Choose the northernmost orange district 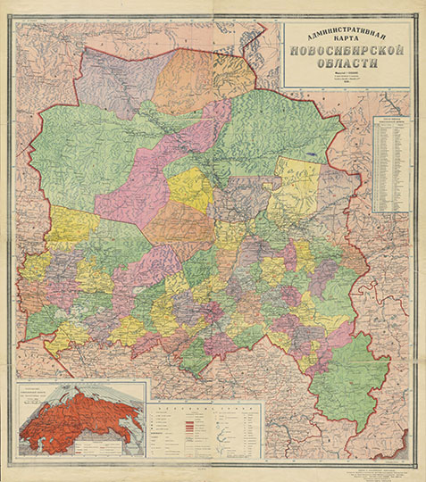[x=192, y=76]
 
